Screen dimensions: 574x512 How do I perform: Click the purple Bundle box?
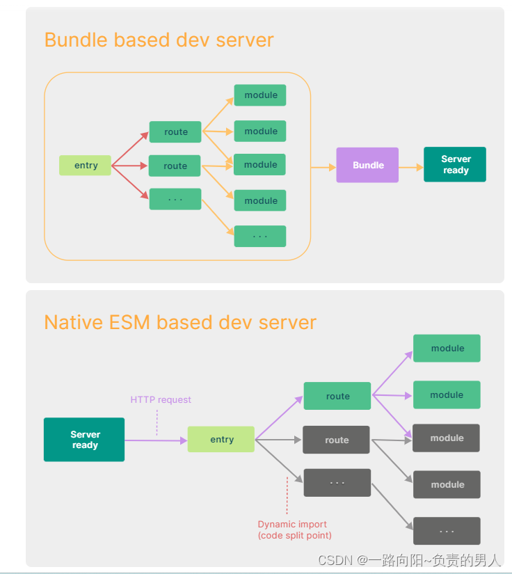click(x=367, y=165)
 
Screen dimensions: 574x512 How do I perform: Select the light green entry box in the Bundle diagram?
click(x=85, y=166)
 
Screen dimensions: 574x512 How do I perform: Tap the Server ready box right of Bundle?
click(x=455, y=165)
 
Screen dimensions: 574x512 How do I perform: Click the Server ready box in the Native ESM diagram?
click(x=84, y=440)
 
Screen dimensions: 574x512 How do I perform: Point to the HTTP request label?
click(x=161, y=400)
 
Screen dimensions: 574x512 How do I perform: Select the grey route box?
click(x=337, y=440)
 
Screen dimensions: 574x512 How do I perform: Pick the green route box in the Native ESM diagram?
click(x=337, y=396)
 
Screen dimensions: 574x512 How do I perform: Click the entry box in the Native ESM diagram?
click(x=221, y=440)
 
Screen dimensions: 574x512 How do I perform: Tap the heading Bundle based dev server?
click(x=159, y=40)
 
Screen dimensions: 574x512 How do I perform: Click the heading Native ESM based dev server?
click(x=180, y=323)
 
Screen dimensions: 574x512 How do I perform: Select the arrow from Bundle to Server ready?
click(x=411, y=167)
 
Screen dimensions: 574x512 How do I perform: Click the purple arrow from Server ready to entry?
click(x=156, y=440)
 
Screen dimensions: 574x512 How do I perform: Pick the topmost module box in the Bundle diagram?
click(x=260, y=95)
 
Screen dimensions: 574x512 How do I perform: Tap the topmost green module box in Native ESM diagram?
click(x=447, y=349)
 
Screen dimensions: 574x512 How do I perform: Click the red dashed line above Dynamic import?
click(x=287, y=495)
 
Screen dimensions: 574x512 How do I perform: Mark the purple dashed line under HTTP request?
click(x=157, y=422)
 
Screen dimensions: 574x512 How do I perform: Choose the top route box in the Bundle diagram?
click(x=175, y=132)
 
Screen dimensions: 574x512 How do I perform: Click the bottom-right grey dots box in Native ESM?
click(x=447, y=531)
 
